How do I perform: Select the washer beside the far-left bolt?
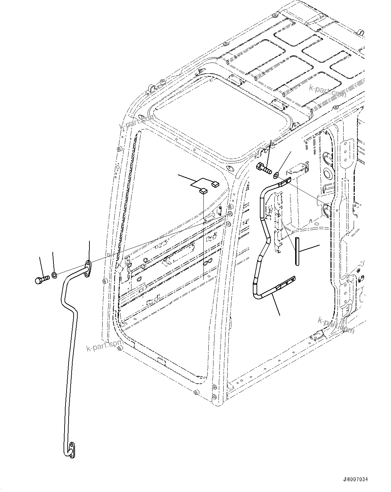(x=54, y=275)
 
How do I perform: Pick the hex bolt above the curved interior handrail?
(x=264, y=167)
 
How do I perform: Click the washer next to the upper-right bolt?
(x=276, y=175)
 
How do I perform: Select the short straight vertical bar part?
(x=297, y=251)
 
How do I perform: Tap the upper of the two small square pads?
(x=215, y=184)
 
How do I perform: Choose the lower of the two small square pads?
(x=203, y=191)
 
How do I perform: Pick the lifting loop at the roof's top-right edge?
(x=361, y=33)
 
